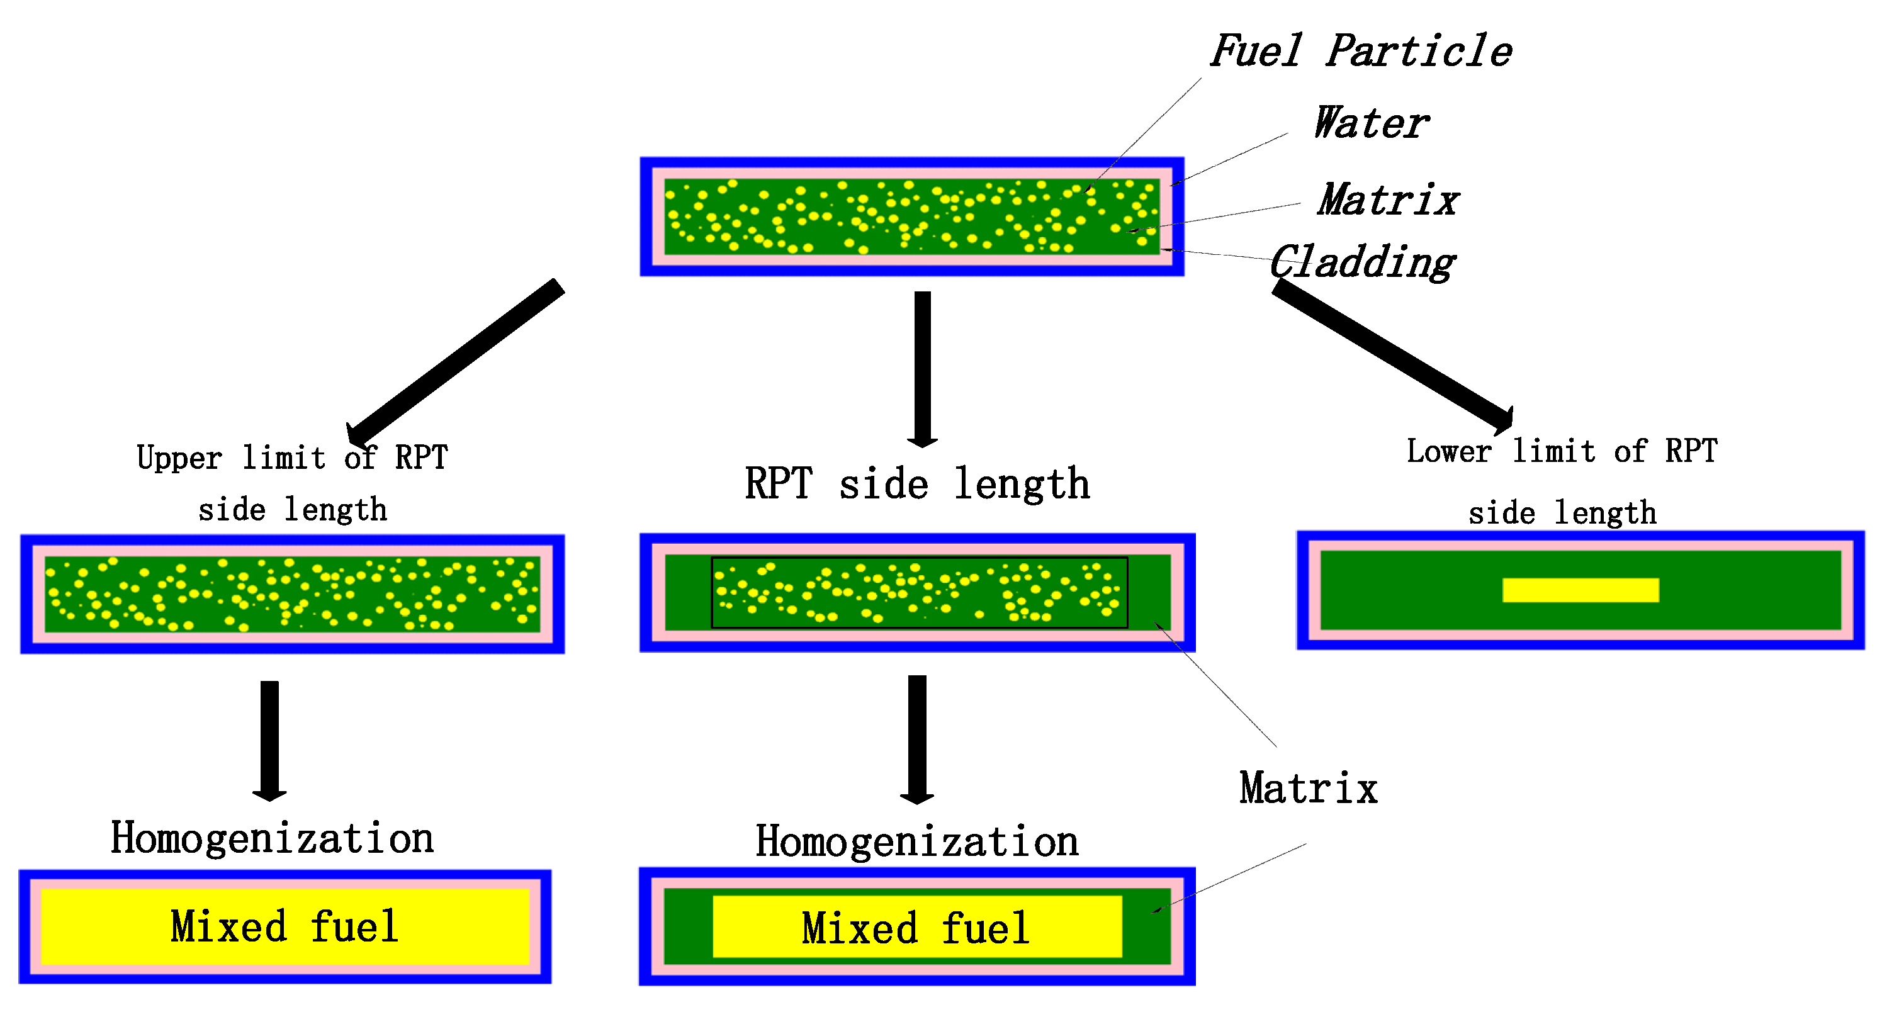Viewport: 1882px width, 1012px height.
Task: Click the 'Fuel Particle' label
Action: [1360, 51]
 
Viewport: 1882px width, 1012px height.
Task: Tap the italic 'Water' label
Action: [1371, 123]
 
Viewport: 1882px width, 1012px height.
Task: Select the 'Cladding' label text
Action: [1362, 262]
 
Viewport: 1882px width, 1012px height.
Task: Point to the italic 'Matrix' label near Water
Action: [1388, 200]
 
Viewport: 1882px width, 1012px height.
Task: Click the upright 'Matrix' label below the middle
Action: [1308, 789]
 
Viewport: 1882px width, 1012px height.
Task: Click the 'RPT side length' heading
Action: [917, 484]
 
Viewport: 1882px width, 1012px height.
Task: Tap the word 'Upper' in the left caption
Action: [179, 458]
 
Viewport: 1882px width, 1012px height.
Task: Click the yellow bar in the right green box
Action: [1579, 590]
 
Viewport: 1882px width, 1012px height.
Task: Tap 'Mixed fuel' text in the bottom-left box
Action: [285, 926]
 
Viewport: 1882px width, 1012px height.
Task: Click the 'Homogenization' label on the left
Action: [272, 838]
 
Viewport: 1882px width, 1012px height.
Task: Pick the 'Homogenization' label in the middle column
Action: [917, 841]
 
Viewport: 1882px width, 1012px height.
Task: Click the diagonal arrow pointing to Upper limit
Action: [456, 362]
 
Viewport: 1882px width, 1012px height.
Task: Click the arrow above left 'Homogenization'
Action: [269, 739]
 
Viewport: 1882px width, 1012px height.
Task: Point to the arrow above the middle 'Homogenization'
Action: [917, 738]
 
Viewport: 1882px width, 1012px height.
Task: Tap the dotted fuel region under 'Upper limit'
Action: [292, 594]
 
